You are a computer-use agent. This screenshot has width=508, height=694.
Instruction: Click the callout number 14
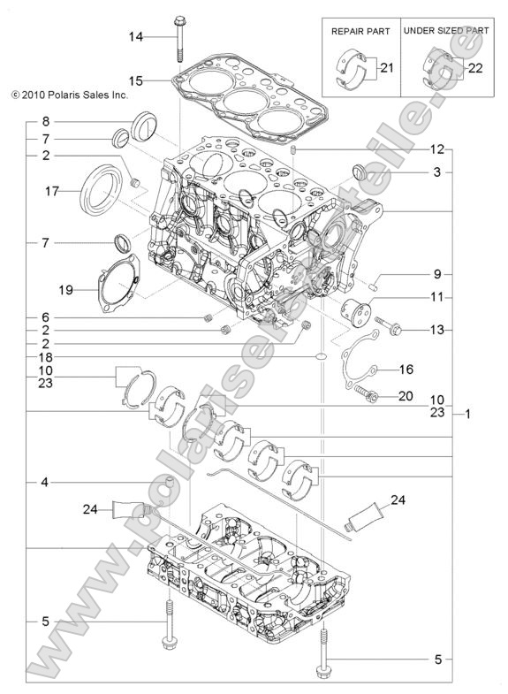tap(135, 36)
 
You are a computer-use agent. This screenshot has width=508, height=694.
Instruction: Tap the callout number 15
tap(135, 80)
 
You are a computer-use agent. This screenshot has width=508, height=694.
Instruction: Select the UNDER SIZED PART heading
tap(446, 30)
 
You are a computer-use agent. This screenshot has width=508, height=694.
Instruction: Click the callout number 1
tap(468, 414)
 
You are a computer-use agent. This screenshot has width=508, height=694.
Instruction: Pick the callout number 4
tap(45, 482)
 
